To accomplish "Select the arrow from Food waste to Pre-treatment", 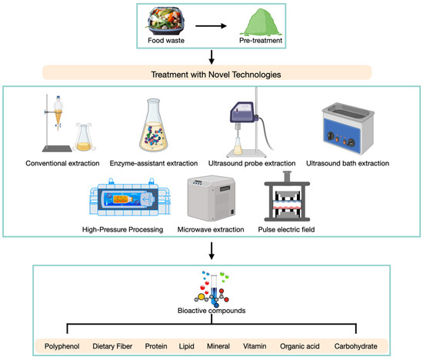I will [x=211, y=23].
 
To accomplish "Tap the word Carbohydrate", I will [x=361, y=345].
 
